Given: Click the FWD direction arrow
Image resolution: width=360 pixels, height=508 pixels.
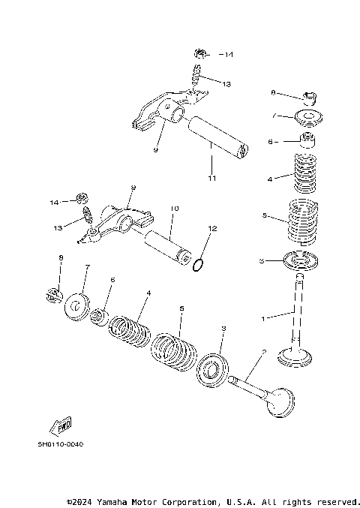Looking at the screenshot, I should pyautogui.click(x=61, y=424).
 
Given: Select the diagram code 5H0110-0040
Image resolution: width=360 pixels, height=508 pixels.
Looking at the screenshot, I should pyautogui.click(x=61, y=443).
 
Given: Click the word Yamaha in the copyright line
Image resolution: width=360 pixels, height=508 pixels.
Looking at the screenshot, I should pyautogui.click(x=115, y=500).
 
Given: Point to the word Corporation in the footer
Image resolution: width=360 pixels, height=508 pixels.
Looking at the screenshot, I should pyautogui.click(x=187, y=500).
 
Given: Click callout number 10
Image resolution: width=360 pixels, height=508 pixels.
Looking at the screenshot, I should pyautogui.click(x=174, y=209).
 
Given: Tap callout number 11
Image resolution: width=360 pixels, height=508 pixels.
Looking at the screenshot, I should pyautogui.click(x=211, y=178).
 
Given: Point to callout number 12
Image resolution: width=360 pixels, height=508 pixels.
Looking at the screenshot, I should pyautogui.click(x=211, y=228).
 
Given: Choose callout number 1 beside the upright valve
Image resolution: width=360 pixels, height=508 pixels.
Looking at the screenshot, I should pyautogui.click(x=263, y=319).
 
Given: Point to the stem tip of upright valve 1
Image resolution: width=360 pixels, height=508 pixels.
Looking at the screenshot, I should pyautogui.click(x=300, y=277).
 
